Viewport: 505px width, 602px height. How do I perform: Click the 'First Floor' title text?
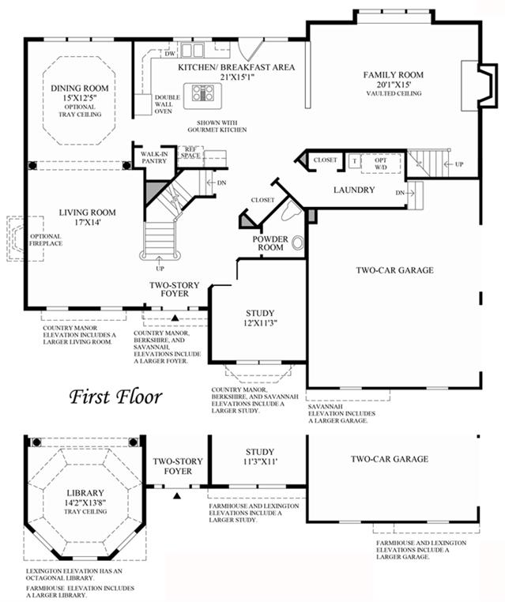tap(115, 395)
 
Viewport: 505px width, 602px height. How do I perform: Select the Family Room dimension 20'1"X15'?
tap(394, 85)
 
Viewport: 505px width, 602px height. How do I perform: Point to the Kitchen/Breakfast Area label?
tap(236, 68)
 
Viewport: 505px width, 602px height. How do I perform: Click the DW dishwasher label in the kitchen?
tap(169, 54)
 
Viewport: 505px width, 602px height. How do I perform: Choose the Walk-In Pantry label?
tap(154, 156)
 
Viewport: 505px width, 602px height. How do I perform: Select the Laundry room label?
tap(353, 190)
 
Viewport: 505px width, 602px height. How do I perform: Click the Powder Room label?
tap(270, 243)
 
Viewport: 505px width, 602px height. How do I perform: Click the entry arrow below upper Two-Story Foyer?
tap(176, 318)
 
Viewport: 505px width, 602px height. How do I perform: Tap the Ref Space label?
tap(190, 152)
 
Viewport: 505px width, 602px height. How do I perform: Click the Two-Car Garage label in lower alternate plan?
tap(390, 459)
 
